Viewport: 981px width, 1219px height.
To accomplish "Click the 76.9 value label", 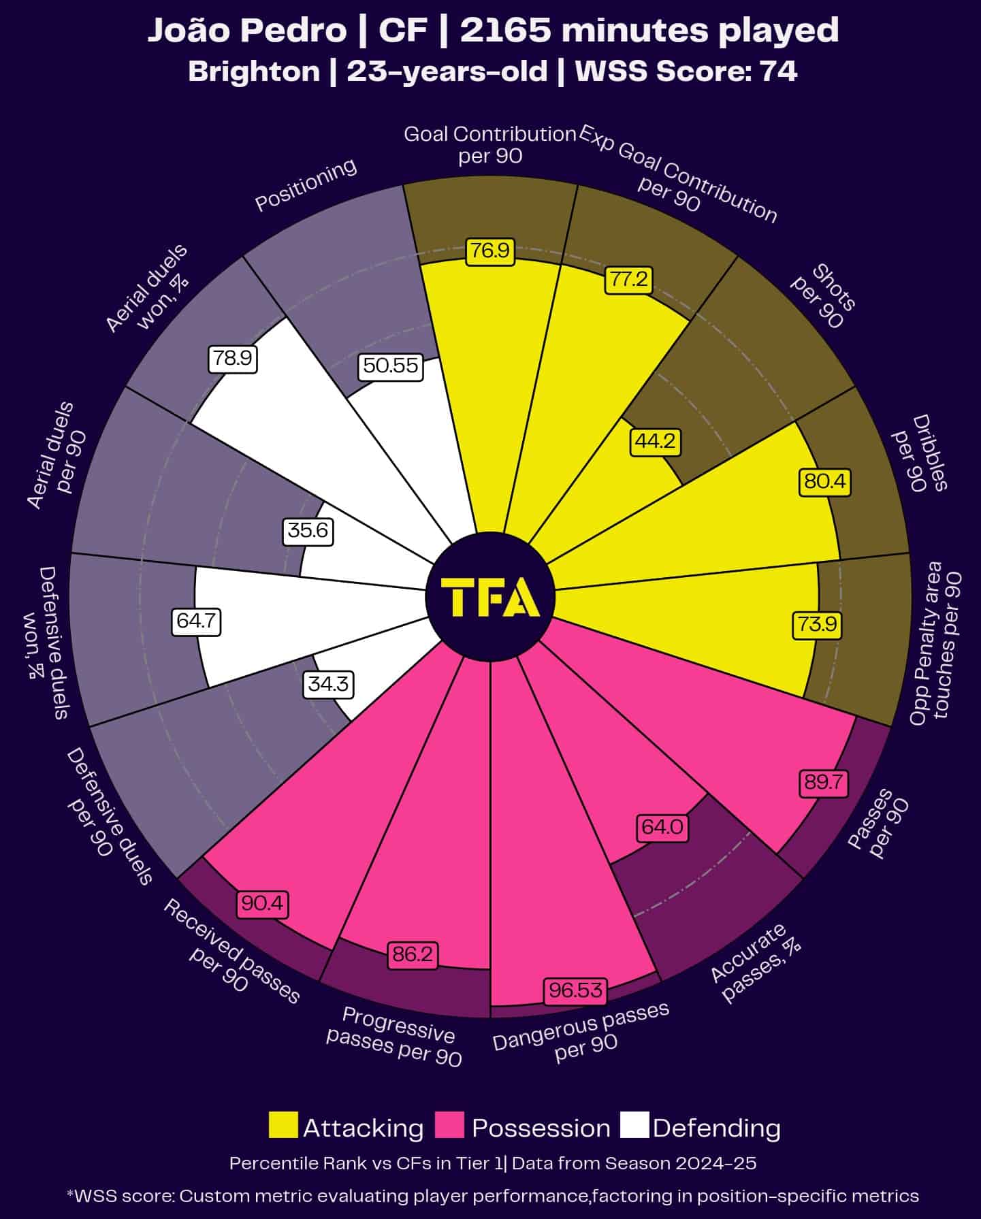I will click(490, 250).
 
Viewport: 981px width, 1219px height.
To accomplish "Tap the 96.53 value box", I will click(575, 990).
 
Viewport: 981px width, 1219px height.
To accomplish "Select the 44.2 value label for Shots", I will click(656, 441).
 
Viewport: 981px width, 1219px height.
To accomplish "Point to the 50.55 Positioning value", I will click(390, 365).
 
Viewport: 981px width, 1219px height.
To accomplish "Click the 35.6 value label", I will click(308, 530).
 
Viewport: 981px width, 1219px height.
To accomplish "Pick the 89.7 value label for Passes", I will click(824, 782).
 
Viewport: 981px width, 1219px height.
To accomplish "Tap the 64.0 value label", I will click(662, 826).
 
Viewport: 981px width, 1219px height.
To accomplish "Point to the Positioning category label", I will click(306, 184).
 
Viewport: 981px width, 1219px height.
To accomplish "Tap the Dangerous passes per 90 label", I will click(581, 1033).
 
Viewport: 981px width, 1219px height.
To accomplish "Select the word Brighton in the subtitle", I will click(254, 71).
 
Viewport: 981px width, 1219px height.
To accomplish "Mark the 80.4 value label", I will click(824, 481).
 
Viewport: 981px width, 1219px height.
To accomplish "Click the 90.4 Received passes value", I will click(263, 903).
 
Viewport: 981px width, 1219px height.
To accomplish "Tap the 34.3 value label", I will click(328, 683).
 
